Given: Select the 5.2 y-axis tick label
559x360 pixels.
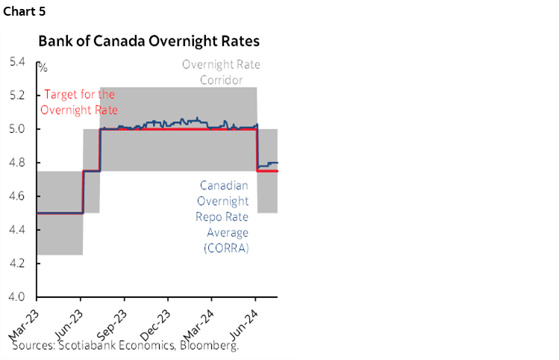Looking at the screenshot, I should (16, 95).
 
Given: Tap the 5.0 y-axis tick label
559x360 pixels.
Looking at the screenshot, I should (16, 128).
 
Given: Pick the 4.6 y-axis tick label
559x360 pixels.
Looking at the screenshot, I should (16, 196).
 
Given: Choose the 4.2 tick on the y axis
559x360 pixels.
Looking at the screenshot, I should (16, 264).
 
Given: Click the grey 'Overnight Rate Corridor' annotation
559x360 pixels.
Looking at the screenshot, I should (222, 72).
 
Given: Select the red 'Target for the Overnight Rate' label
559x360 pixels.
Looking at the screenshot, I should (79, 102).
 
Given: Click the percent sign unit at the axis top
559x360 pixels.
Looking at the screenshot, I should (43, 68).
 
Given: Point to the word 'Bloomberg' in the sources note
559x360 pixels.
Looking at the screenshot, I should (211, 347).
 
